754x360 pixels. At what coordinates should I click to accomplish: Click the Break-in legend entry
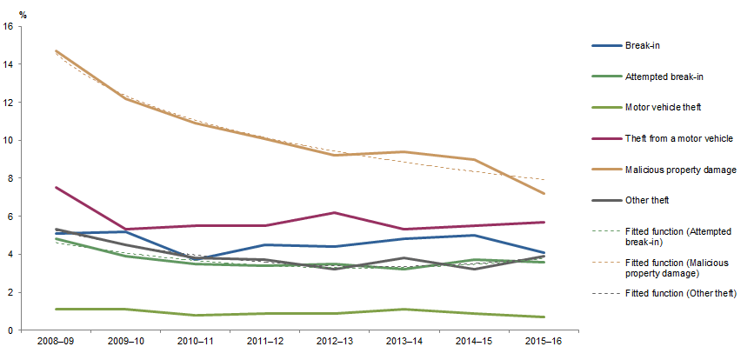643,45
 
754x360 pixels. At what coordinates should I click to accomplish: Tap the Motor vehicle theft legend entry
662,108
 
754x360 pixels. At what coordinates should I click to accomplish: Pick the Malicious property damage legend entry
681,170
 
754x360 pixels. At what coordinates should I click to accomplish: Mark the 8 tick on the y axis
10,178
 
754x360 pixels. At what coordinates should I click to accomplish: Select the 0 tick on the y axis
10,330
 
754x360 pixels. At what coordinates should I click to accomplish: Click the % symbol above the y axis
10,10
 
